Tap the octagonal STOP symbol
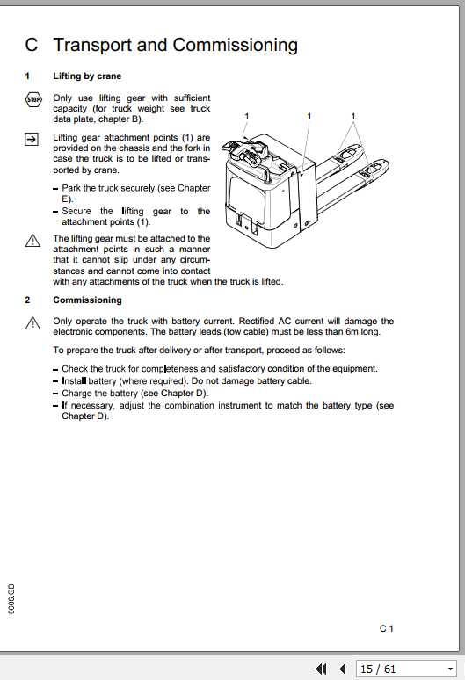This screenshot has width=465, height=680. click(32, 100)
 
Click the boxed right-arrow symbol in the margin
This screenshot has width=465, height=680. click(32, 138)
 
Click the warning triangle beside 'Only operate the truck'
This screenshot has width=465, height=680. click(32, 322)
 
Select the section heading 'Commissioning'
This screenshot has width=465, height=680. click(87, 300)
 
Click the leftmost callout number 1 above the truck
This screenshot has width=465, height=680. click(247, 116)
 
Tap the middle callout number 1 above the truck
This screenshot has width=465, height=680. click(309, 116)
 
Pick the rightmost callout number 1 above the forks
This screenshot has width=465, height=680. click(353, 116)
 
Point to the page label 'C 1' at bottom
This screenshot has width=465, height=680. click(387, 628)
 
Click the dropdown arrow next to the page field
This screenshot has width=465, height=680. click(449, 669)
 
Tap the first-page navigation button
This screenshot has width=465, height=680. click(322, 669)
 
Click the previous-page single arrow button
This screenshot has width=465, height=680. click(342, 669)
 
